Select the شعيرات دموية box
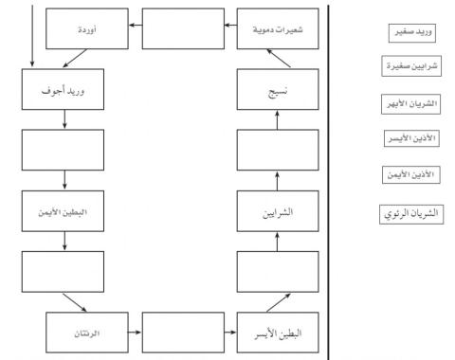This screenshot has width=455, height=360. click(x=270, y=29)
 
